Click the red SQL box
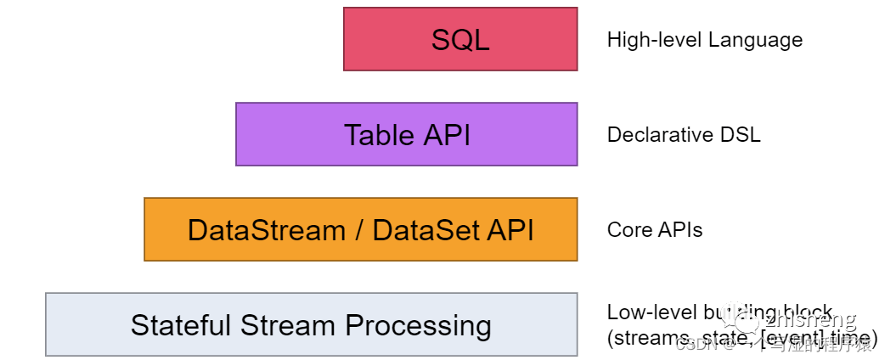point(460,39)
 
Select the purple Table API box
point(406,134)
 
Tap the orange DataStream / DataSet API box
point(360,229)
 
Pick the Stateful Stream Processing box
point(311,324)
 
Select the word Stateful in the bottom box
point(181,325)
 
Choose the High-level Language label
point(704,40)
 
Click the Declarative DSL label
point(683,135)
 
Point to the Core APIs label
point(654,230)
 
